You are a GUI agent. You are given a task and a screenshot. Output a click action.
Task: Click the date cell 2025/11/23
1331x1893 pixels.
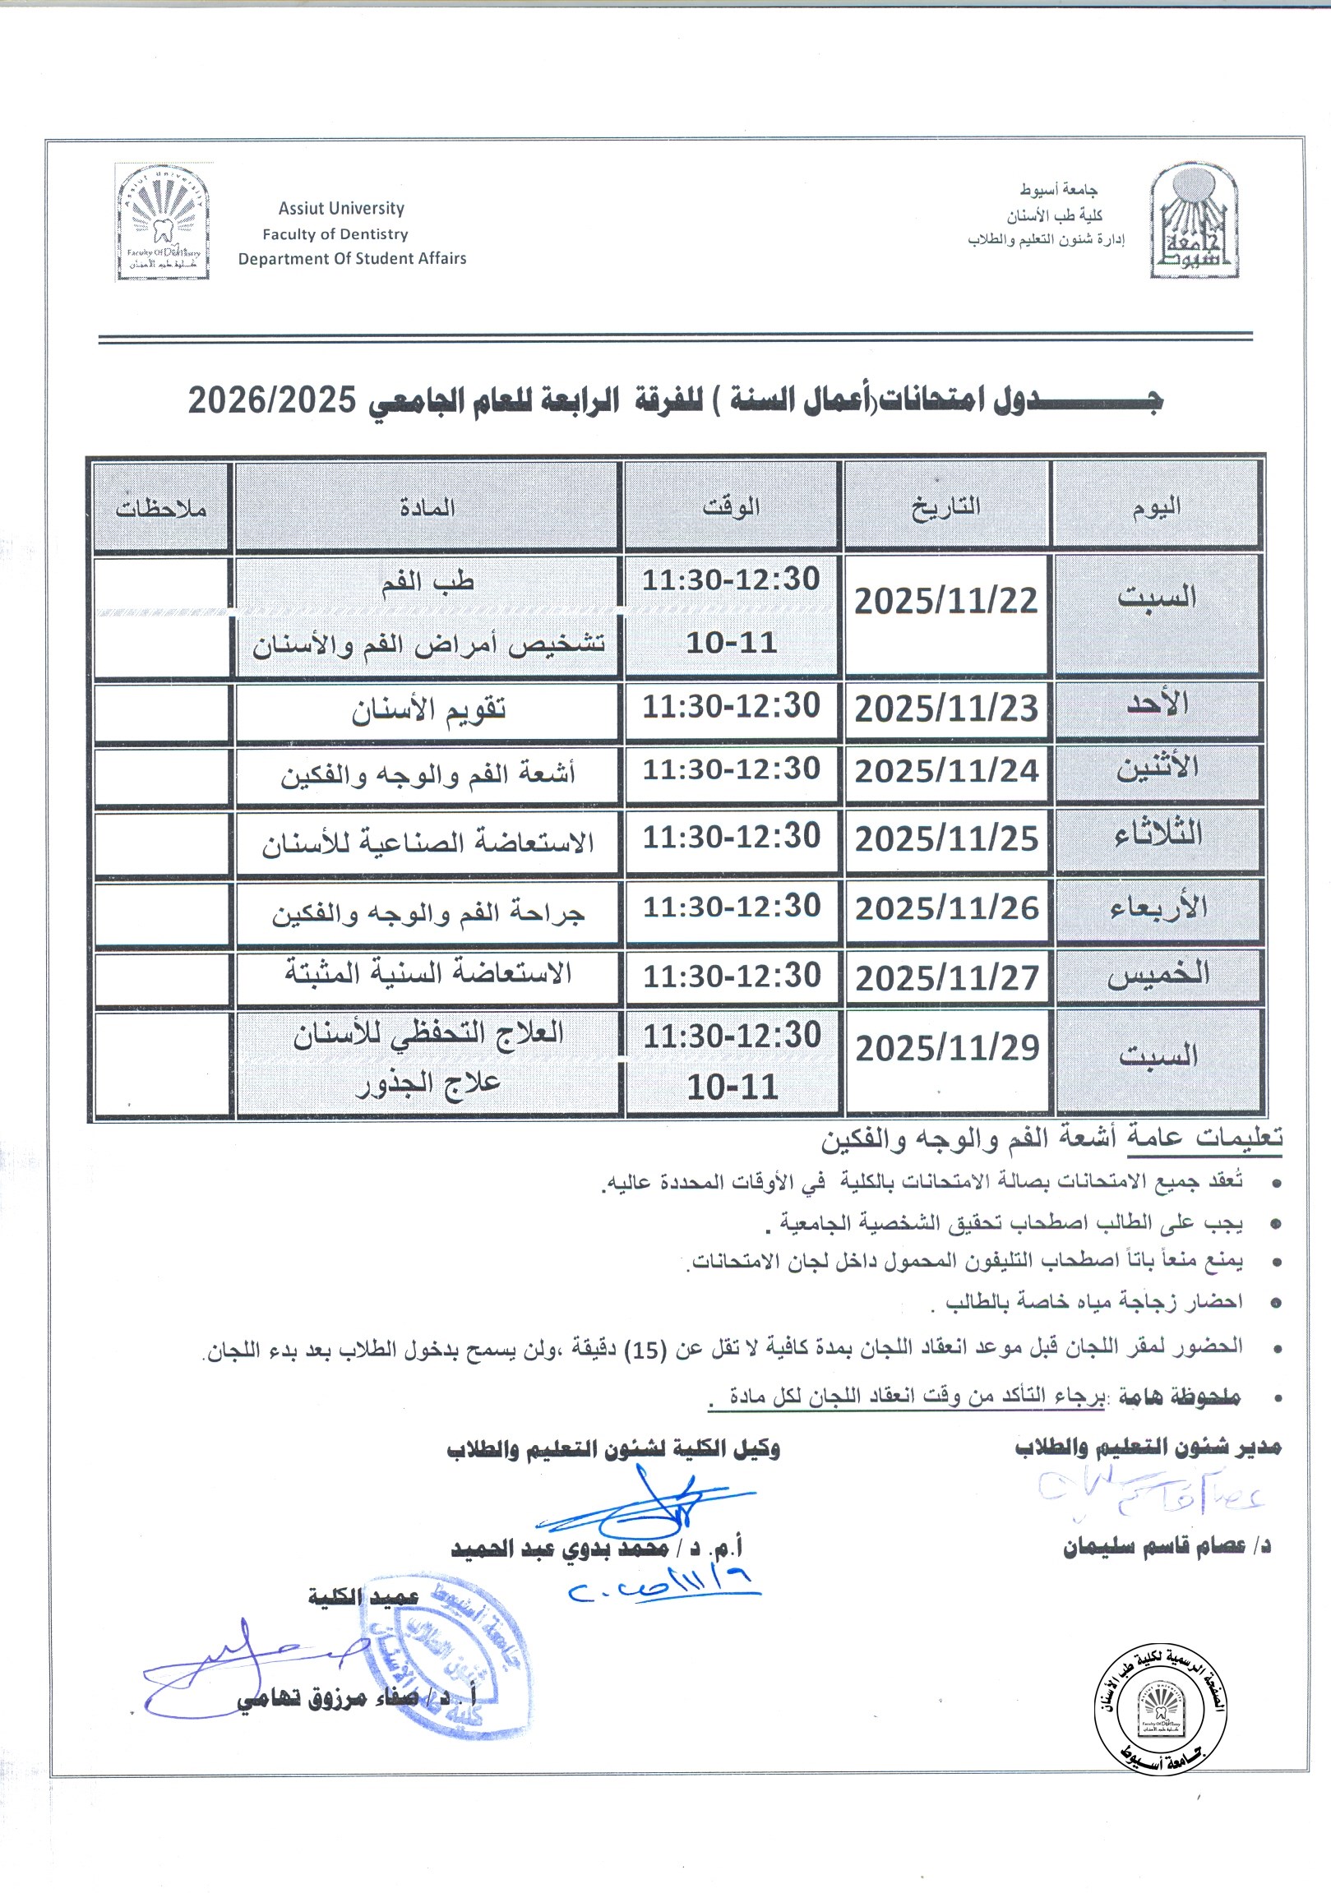[x=946, y=709]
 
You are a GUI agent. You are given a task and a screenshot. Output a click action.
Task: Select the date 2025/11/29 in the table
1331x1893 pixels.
[x=947, y=1049]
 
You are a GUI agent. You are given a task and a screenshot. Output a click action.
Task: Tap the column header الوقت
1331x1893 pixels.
[x=732, y=506]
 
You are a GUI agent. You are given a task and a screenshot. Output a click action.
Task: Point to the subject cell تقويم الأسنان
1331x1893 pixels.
[x=428, y=711]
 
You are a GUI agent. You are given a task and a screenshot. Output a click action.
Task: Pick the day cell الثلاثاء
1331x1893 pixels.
[x=1158, y=834]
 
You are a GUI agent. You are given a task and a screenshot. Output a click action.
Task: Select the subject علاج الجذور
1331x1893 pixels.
[x=428, y=1083]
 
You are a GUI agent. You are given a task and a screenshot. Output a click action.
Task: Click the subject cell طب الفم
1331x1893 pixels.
[x=428, y=582]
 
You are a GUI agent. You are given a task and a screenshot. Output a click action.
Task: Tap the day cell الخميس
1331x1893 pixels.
[x=1158, y=974]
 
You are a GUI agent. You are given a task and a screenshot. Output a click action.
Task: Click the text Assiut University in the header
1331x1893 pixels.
[x=341, y=209]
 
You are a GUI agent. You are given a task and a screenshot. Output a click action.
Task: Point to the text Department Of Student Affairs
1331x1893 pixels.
[x=352, y=259]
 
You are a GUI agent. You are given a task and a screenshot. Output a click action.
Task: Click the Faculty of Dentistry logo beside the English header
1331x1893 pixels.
[x=164, y=223]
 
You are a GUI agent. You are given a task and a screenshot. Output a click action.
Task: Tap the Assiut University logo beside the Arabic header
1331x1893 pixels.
[x=1194, y=221]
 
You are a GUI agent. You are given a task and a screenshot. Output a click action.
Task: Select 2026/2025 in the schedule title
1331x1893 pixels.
[x=272, y=400]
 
